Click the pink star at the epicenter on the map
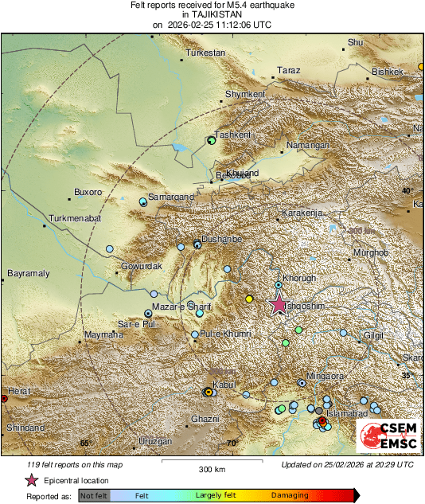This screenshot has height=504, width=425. tap(279, 304)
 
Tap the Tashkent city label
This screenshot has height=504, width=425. tap(232, 134)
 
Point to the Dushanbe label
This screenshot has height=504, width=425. tap(220, 238)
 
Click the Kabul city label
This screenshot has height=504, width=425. tap(225, 385)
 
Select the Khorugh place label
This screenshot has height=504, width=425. tap(301, 278)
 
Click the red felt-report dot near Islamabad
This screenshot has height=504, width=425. tap(322, 420)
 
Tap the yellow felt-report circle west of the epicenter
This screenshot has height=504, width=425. tap(249, 299)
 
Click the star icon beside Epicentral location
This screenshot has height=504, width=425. tap(31, 480)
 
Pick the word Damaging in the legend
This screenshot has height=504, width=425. tap(290, 495)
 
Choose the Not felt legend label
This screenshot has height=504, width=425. tap(93, 495)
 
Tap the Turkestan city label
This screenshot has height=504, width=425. tap(206, 53)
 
